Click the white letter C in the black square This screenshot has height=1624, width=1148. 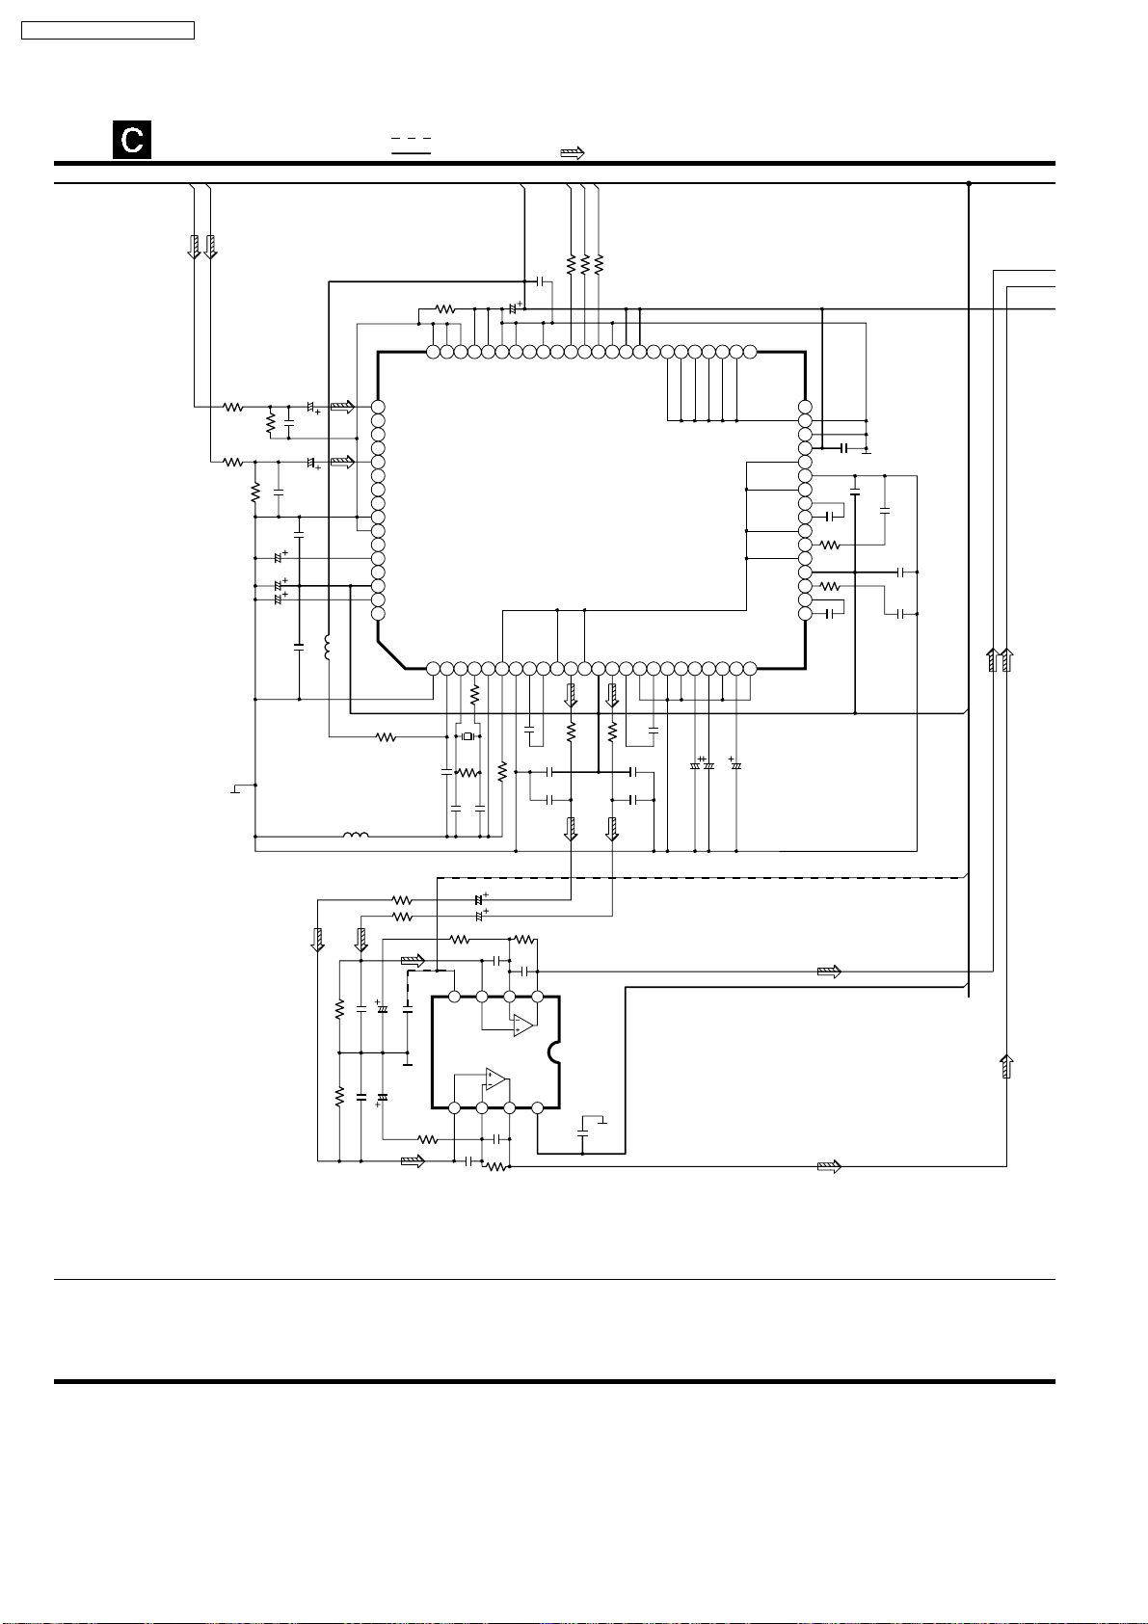(x=132, y=140)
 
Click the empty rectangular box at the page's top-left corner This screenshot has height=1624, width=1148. (x=108, y=31)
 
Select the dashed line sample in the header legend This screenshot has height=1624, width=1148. (x=412, y=138)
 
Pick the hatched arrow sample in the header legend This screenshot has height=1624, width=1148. (x=573, y=153)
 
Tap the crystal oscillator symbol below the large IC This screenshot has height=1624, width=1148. (x=467, y=737)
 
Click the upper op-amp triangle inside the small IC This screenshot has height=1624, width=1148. (x=522, y=1025)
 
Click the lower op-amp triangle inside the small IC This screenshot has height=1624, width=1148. (x=496, y=1079)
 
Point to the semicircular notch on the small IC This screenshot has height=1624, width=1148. (x=555, y=1052)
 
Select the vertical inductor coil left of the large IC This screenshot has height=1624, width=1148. (x=327, y=648)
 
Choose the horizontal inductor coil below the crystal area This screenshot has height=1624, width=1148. (x=356, y=836)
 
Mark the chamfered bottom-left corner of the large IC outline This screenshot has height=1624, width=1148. (x=391, y=654)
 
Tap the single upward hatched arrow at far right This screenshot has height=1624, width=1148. (x=1006, y=1067)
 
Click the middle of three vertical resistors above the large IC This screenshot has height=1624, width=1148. (x=584, y=264)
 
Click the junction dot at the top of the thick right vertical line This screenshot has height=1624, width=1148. (x=969, y=183)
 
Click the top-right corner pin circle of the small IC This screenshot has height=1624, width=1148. (x=538, y=997)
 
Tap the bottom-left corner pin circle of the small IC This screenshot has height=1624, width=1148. (x=455, y=1107)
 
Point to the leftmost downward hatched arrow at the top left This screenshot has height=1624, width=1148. (x=194, y=247)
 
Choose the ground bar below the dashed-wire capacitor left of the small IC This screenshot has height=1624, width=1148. (x=408, y=1065)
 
